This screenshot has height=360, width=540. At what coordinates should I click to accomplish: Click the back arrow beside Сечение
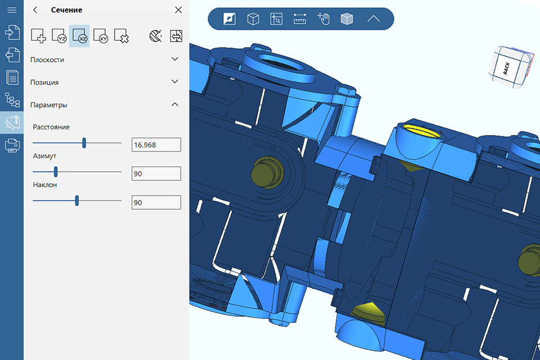35,10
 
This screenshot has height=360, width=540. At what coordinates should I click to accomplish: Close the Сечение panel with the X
178,10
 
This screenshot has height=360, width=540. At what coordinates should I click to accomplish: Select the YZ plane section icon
59,37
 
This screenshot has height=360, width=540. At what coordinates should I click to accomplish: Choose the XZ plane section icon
79,37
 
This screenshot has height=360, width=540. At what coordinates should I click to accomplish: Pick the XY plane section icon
100,37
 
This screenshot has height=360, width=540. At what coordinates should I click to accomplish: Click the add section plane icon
38,37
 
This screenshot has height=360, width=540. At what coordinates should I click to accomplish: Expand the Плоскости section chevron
175,59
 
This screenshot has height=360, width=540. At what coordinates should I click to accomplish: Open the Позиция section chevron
175,82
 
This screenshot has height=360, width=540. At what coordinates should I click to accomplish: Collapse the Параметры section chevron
175,104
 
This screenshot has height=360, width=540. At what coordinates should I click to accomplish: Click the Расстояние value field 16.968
156,145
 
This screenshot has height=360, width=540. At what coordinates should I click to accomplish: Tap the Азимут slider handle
56,172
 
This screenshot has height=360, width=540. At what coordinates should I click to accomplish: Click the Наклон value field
156,202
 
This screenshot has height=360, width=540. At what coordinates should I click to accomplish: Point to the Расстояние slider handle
84,143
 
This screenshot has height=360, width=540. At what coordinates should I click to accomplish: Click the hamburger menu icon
11,10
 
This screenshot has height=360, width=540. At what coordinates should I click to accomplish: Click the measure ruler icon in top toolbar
300,19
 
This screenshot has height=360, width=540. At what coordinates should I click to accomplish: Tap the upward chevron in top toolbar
373,19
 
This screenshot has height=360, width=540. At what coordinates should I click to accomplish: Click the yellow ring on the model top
420,130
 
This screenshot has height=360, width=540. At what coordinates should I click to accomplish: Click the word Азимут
44,155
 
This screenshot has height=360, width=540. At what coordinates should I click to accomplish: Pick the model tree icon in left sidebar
12,100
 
